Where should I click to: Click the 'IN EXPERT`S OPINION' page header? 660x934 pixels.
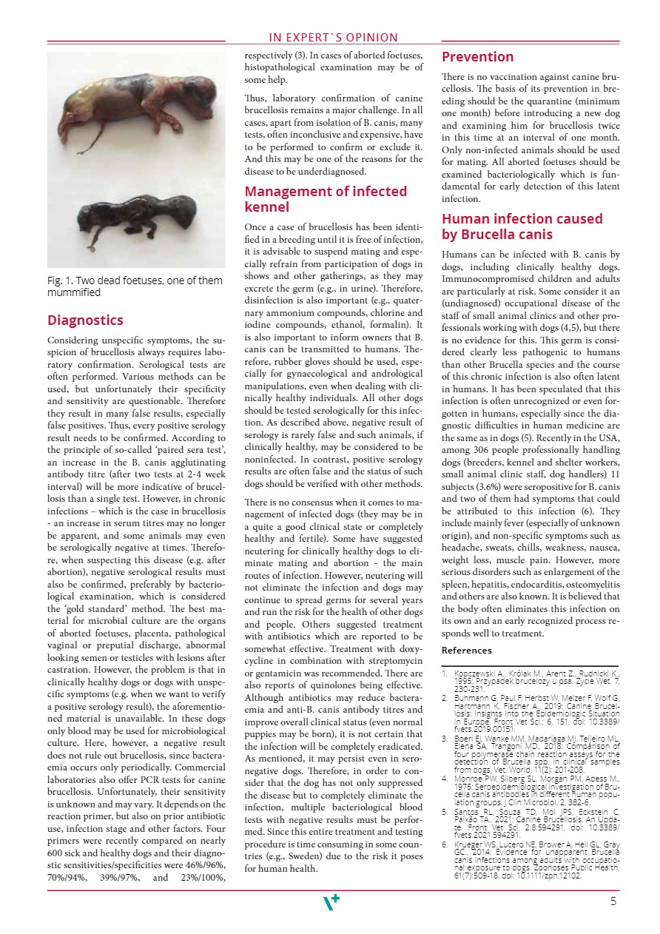333,38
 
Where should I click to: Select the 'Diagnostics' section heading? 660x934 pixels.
85,320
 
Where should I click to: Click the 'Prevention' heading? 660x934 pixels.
477,57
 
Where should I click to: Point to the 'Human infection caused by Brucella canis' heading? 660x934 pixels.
522,226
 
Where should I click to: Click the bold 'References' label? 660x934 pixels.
466,651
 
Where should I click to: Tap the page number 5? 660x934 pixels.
613,901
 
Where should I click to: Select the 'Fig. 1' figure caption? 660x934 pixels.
135,286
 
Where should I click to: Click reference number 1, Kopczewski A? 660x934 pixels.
530,679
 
